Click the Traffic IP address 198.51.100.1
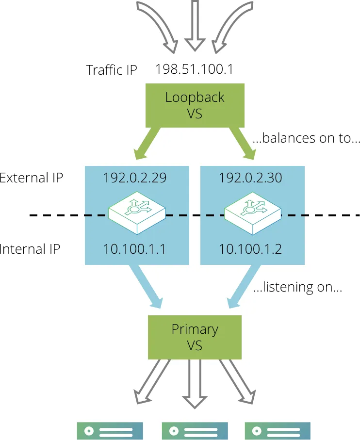coord(194,69)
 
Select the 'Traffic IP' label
coord(112,70)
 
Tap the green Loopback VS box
coord(195,105)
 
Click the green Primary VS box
coord(195,337)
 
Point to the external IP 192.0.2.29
coord(135,178)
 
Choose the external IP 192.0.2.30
coord(250,178)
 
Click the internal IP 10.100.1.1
coord(134,249)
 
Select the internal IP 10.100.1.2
coord(250,249)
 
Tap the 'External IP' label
coord(31,178)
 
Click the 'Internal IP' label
coord(30,249)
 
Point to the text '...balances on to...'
coord(306,138)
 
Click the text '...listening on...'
coord(298,287)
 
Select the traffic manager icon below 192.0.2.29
coord(137,213)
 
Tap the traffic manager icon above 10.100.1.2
coord(252,213)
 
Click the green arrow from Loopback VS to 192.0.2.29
coord(147,143)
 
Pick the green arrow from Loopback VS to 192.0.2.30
coord(243,143)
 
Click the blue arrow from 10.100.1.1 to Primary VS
coord(146,286)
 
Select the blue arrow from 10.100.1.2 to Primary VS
coord(244,286)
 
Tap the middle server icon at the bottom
coord(195,431)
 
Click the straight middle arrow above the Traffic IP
coord(195,25)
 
